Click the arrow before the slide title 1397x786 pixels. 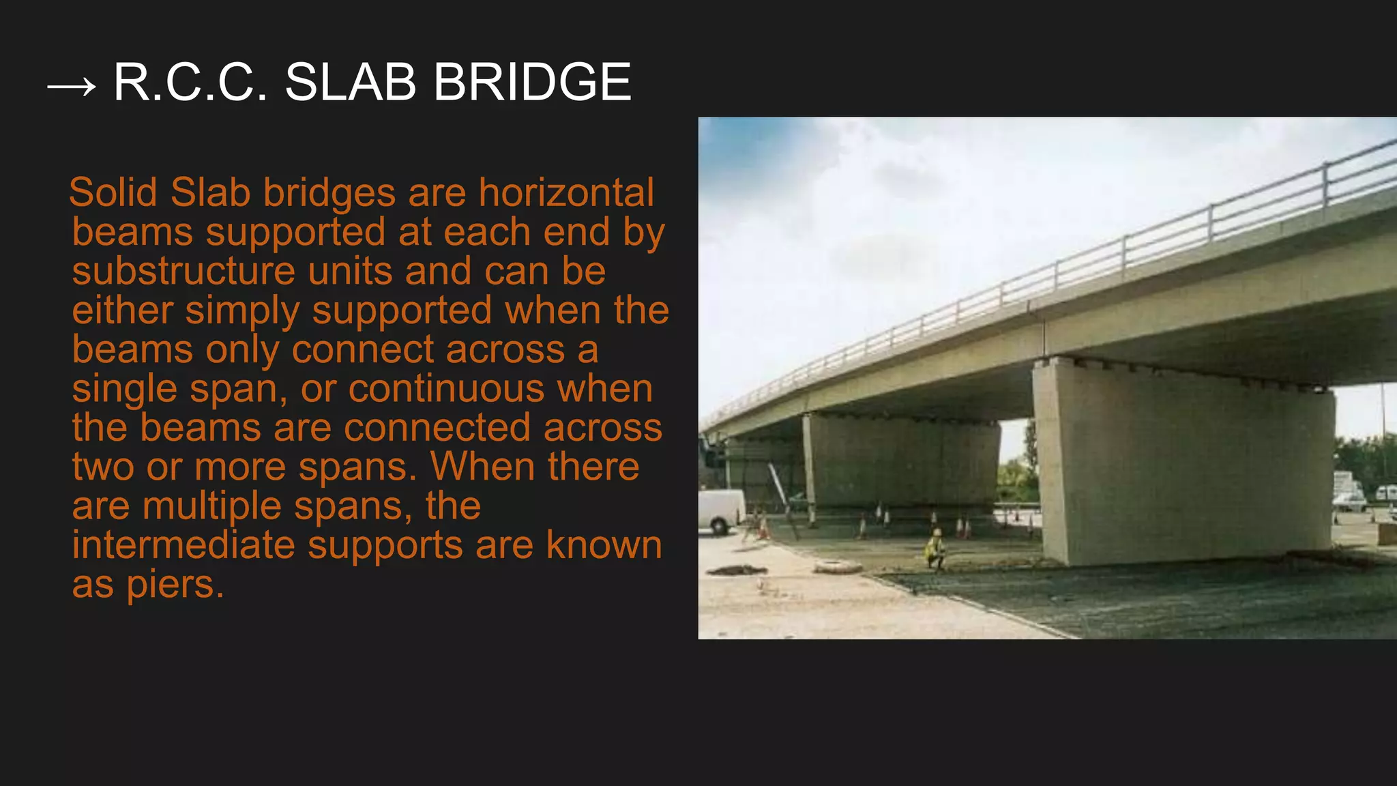(x=71, y=87)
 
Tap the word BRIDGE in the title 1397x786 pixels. (x=532, y=83)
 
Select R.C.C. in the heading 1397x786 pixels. (x=190, y=83)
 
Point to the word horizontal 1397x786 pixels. (x=566, y=192)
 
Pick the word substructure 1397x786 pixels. (x=183, y=271)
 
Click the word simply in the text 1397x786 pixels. (x=242, y=310)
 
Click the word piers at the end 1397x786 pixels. (x=175, y=585)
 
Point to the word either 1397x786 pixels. (x=123, y=310)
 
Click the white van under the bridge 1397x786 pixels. (x=720, y=510)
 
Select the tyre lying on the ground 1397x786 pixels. (x=838, y=566)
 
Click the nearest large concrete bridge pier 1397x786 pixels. (x=1183, y=464)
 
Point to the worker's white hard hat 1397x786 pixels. (x=937, y=532)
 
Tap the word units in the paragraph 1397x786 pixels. (x=349, y=271)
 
